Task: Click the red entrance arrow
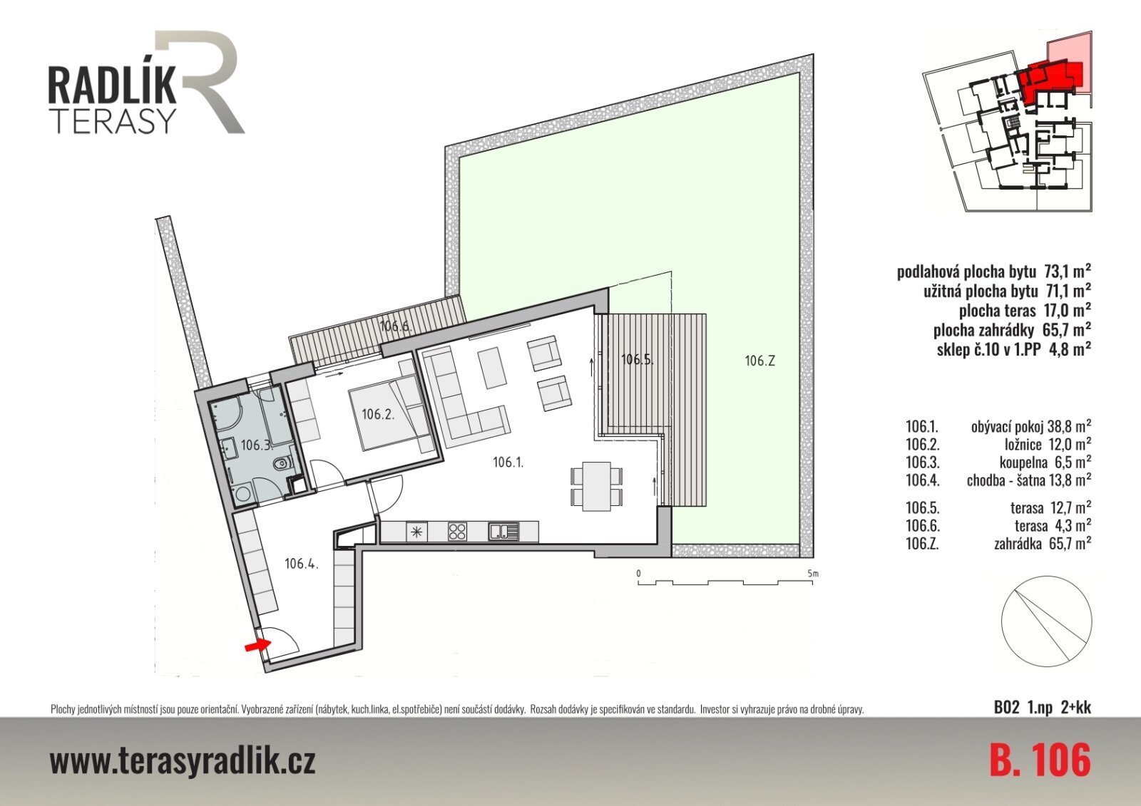[257, 646]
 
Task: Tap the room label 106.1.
[508, 463]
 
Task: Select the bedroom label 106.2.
[378, 414]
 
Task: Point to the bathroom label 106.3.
[257, 445]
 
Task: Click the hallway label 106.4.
[302, 564]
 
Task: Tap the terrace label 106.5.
[638, 359]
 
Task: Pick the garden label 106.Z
[759, 361]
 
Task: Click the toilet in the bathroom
[282, 463]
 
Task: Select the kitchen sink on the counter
[503, 532]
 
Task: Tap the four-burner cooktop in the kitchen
[457, 532]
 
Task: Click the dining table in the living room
[596, 486]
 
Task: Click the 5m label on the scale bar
[812, 573]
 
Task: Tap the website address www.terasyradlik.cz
[183, 761]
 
